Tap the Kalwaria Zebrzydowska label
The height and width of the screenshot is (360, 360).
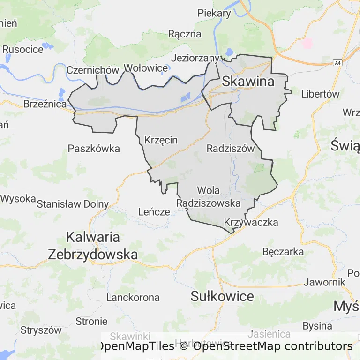pyautogui.click(x=93, y=246)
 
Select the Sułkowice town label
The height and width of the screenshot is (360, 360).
pyautogui.click(x=223, y=296)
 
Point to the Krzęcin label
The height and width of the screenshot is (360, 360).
pyautogui.click(x=161, y=140)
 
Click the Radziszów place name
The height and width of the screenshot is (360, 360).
pyautogui.click(x=230, y=149)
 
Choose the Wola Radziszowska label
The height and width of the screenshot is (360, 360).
pyautogui.click(x=209, y=197)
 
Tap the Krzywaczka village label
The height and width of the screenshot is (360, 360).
pyautogui.click(x=251, y=222)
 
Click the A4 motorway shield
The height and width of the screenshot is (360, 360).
pyautogui.click(x=337, y=62)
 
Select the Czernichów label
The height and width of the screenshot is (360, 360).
pyautogui.click(x=93, y=70)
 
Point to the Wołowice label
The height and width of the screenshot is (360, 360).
pyautogui.click(x=145, y=68)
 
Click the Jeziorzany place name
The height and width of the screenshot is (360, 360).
pyautogui.click(x=195, y=58)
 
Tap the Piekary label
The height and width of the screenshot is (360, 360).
pyautogui.click(x=214, y=13)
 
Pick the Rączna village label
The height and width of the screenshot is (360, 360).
pyautogui.click(x=185, y=34)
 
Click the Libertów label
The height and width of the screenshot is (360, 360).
pyautogui.click(x=320, y=93)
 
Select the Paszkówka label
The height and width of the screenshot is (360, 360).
pyautogui.click(x=94, y=149)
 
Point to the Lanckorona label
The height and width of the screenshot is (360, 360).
pyautogui.click(x=133, y=297)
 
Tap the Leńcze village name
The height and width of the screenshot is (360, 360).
pyautogui.click(x=154, y=211)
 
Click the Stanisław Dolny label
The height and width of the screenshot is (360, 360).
pyautogui.click(x=73, y=204)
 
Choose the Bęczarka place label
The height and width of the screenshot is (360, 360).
pyautogui.click(x=283, y=252)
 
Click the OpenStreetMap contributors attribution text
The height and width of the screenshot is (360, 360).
pyautogui.click(x=272, y=346)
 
